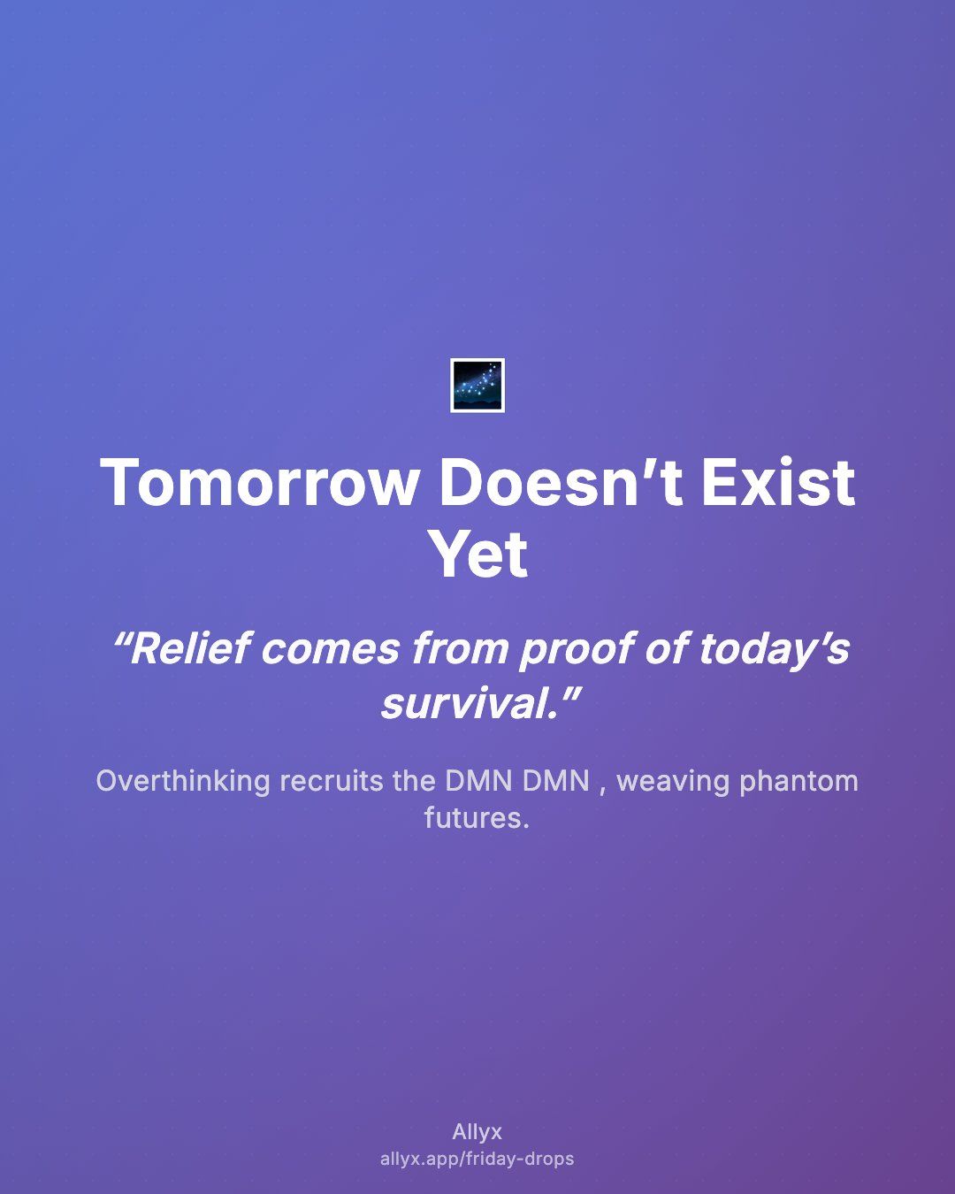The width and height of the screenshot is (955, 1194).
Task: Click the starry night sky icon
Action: [x=477, y=386]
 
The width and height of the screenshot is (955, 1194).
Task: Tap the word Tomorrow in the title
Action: [x=258, y=483]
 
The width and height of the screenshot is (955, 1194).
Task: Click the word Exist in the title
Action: [x=778, y=482]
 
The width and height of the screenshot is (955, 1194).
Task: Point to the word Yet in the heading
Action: [x=478, y=554]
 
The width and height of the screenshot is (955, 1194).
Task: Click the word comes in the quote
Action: [x=331, y=650]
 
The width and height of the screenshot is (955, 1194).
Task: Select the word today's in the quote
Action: [x=775, y=648]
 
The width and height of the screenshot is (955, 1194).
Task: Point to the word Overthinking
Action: [x=183, y=781]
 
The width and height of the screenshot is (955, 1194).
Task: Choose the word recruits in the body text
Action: [x=332, y=781]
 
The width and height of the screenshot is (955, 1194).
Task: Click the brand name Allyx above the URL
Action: [x=477, y=1132]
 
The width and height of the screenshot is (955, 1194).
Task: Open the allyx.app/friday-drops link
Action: [x=477, y=1159]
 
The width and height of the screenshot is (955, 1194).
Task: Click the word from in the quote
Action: [x=460, y=648]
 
